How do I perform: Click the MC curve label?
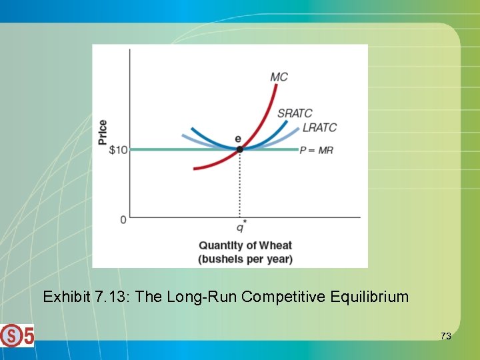(x=279, y=77)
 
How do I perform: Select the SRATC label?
(x=294, y=113)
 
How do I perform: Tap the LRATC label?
(x=319, y=127)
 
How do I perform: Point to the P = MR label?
(x=316, y=150)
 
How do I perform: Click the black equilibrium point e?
(x=240, y=149)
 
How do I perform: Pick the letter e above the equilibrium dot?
(x=238, y=139)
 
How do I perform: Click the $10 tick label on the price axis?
(x=117, y=150)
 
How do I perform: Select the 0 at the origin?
(x=123, y=219)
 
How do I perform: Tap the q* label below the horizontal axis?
(x=241, y=225)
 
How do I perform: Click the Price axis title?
(x=102, y=132)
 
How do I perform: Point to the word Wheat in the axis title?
(x=275, y=245)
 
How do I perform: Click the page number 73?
(x=445, y=336)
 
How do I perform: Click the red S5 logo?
(x=17, y=335)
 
